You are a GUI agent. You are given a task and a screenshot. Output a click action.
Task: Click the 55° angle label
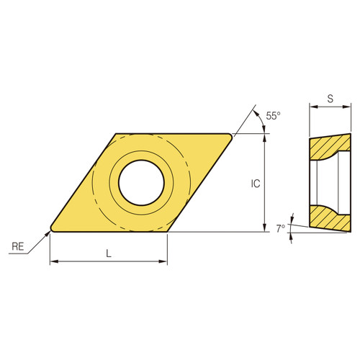273,115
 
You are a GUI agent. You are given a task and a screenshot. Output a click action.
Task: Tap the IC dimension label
255,184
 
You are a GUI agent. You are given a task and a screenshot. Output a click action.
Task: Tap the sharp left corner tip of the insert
51,230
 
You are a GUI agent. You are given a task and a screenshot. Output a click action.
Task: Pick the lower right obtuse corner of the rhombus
167,232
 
